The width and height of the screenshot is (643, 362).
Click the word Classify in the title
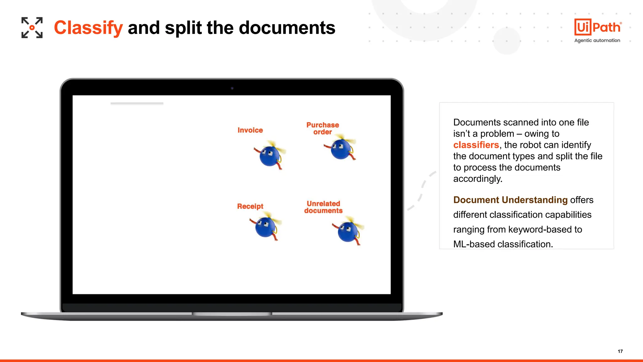[88, 28]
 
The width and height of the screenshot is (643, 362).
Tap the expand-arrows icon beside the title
[32, 28]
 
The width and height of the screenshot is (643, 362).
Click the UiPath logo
[597, 27]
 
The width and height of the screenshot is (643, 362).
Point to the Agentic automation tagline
[597, 41]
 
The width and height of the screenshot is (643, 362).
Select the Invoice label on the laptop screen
[250, 130]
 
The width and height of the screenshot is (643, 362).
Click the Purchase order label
[322, 128]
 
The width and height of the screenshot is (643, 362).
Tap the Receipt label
[250, 206]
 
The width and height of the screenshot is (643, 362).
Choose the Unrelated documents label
[323, 207]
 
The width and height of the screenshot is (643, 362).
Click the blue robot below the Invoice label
[269, 156]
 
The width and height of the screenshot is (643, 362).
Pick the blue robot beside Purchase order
[341, 149]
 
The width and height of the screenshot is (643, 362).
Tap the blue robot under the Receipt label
[265, 227]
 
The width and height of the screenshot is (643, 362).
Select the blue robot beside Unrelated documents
[348, 232]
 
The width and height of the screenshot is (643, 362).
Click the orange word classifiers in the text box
[476, 145]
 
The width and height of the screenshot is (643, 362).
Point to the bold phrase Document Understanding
[510, 200]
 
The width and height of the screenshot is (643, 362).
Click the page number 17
[620, 351]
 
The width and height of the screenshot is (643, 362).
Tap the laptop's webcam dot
[232, 88]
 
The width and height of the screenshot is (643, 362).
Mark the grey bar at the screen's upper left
[137, 103]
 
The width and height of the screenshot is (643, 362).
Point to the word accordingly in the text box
[478, 179]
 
